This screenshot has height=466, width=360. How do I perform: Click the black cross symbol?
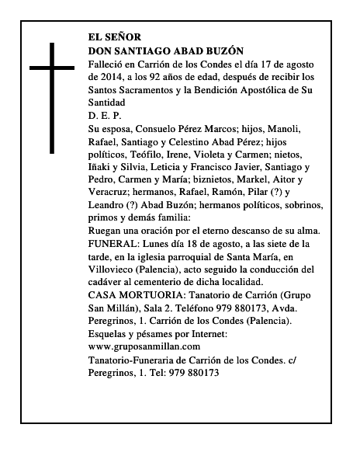[x=53, y=97]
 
